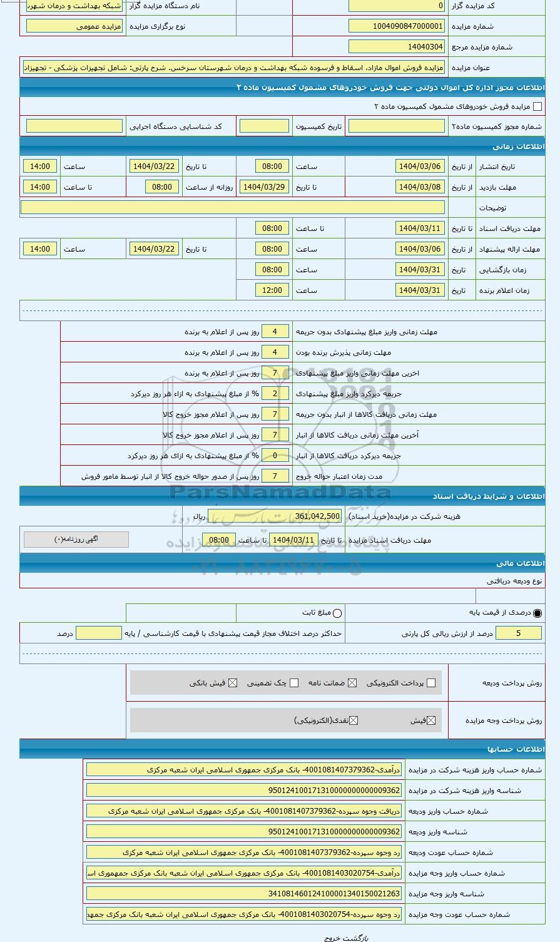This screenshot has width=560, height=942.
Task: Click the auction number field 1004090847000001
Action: [x=396, y=26]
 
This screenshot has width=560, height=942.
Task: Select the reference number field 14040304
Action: [x=396, y=47]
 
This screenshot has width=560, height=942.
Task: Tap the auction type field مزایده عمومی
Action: [x=74, y=26]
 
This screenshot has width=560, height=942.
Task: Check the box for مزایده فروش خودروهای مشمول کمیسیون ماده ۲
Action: [x=537, y=107]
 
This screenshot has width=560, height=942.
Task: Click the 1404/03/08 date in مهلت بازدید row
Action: [x=420, y=187]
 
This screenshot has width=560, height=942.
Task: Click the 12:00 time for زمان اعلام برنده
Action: [x=272, y=290]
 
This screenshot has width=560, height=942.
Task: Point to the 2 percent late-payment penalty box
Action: [x=275, y=394]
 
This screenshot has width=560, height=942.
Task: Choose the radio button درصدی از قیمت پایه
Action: [x=537, y=613]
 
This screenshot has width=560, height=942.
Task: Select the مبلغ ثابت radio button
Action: [x=338, y=613]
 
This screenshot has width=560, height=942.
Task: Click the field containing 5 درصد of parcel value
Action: [x=518, y=633]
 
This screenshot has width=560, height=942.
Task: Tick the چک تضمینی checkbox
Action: [x=294, y=683]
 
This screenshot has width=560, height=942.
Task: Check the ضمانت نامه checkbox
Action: [x=352, y=683]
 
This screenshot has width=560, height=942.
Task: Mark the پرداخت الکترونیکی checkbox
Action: [x=430, y=683]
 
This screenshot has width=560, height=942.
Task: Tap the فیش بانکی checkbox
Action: [x=233, y=683]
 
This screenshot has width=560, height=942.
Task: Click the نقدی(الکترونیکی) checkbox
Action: [x=354, y=720]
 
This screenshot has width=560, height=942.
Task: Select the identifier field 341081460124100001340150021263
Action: [x=244, y=894]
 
